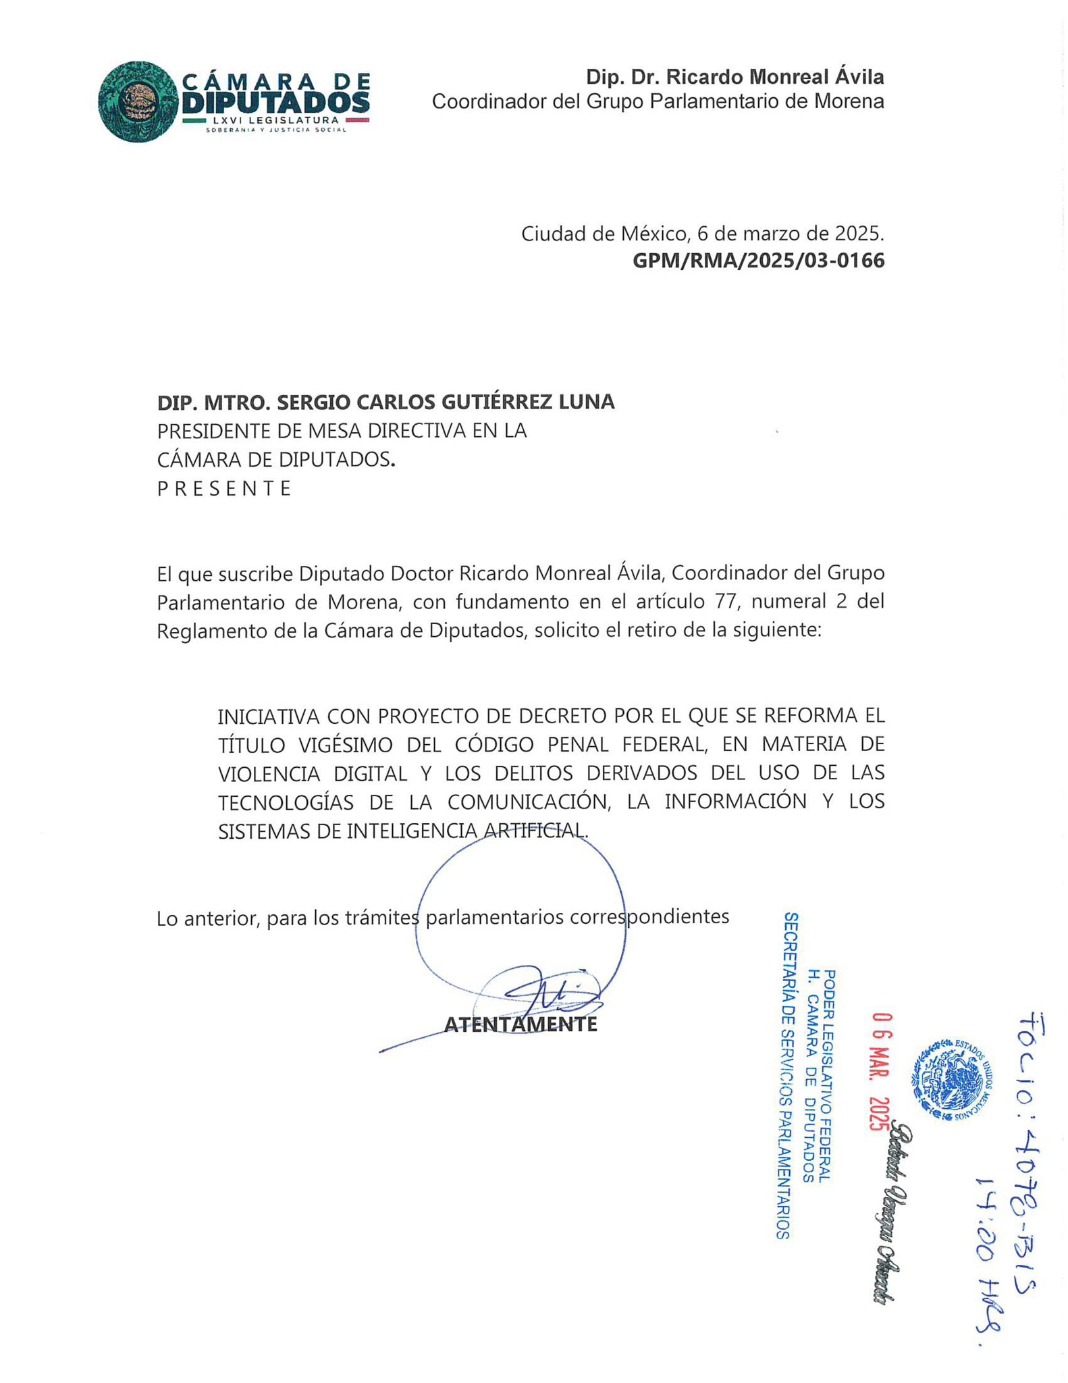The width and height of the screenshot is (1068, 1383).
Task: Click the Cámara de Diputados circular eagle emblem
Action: [x=138, y=102]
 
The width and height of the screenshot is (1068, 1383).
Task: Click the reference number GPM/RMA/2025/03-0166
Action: [x=757, y=261]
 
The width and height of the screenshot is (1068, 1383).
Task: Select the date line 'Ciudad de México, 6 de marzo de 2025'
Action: [x=702, y=234]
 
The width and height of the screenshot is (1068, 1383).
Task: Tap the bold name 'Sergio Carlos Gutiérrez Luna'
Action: [x=446, y=402]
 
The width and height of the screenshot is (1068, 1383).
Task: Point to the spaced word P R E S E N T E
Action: [x=224, y=488]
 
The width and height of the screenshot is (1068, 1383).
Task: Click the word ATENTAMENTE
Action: [x=520, y=1024]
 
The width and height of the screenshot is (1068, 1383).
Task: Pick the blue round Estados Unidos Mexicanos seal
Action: [x=953, y=1080]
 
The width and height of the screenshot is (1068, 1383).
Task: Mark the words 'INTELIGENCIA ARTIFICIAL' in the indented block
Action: [x=467, y=831]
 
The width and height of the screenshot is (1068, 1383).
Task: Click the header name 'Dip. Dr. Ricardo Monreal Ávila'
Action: [x=735, y=77]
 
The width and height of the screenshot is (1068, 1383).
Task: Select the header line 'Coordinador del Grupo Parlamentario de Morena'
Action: [x=658, y=101]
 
